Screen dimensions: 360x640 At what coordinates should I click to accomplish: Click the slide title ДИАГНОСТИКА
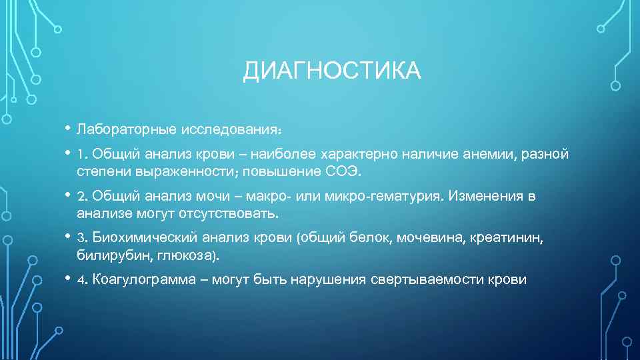point(331,71)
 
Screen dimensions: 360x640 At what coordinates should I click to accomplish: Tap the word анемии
point(490,155)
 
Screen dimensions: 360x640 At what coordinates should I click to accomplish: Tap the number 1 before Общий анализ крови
point(80,155)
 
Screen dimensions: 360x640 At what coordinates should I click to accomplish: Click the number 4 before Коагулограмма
point(81,279)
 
